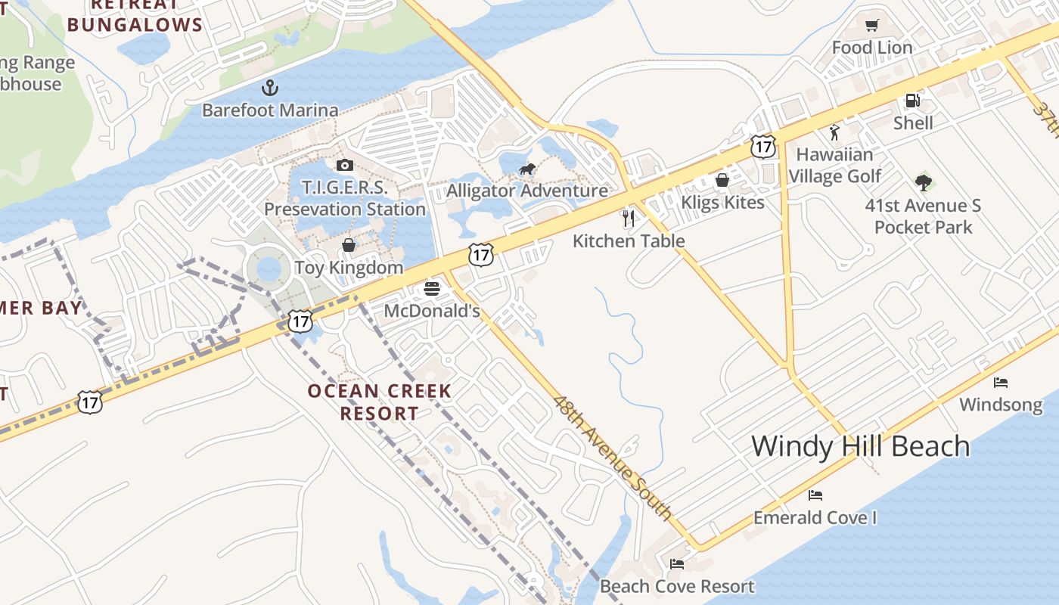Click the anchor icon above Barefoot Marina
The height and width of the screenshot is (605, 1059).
[270, 88]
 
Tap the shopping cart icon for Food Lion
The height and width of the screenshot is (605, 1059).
[871, 26]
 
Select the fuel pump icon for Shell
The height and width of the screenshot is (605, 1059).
[912, 101]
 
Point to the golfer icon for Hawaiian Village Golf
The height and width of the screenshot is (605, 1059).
[834, 133]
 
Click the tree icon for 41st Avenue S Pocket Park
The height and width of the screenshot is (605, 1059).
[923, 182]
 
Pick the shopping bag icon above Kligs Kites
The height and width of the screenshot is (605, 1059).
[722, 180]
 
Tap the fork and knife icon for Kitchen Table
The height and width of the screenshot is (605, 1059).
[628, 219]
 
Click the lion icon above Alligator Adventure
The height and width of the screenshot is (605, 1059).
[526, 169]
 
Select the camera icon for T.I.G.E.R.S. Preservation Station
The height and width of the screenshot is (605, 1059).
[344, 165]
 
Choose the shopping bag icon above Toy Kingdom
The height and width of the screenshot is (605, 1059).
[349, 245]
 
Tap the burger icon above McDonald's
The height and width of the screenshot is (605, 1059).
[432, 289]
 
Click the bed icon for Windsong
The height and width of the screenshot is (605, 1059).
[1001, 382]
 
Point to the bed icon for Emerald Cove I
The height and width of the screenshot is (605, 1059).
[815, 495]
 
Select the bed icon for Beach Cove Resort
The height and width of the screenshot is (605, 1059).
[677, 564]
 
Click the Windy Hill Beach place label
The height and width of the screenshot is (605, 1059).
[860, 446]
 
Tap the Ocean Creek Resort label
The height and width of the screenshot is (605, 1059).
[379, 402]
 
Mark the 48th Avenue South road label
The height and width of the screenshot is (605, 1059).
[612, 458]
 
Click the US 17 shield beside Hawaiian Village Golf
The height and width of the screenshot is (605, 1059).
[762, 147]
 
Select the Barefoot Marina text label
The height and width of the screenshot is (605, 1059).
[270, 110]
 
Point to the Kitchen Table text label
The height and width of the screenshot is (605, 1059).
[629, 241]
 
